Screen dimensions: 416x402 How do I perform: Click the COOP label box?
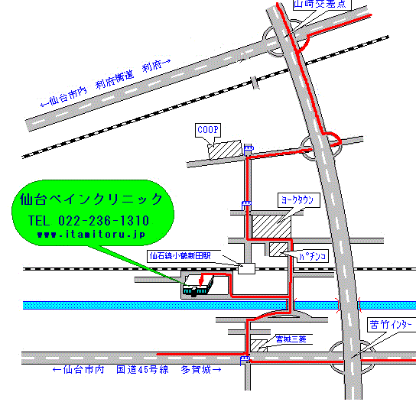tap(207, 130)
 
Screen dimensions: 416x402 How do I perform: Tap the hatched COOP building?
tap(226, 148)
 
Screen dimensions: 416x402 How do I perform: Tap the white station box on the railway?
tap(246, 268)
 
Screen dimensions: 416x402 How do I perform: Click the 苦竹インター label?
tap(390, 324)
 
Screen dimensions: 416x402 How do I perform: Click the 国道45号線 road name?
tap(140, 370)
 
